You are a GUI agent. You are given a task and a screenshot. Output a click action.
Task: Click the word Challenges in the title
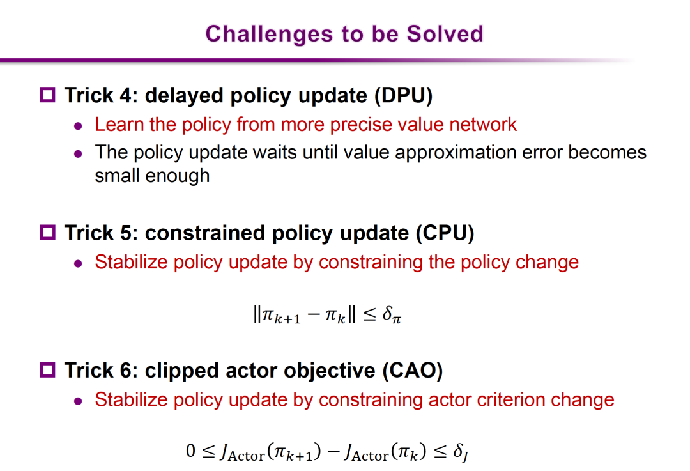point(269,35)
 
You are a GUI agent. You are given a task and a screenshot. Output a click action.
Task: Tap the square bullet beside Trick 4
point(47,95)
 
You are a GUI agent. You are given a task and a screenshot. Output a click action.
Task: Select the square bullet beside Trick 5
point(47,232)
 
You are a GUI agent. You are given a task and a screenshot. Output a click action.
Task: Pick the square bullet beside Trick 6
point(47,370)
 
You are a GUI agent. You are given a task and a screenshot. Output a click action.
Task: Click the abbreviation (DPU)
point(404,95)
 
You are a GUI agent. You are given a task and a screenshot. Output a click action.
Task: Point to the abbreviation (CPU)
point(445,233)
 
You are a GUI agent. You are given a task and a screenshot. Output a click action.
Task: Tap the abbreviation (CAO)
point(412,371)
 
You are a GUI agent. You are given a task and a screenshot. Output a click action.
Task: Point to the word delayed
point(185,96)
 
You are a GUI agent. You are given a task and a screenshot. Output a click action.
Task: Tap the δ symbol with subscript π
point(392,314)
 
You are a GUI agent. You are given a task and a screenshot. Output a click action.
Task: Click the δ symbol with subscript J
point(461,452)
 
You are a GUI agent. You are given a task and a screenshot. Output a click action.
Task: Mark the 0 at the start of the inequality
point(190,451)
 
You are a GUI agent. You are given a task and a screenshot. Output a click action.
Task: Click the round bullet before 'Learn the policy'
point(79,127)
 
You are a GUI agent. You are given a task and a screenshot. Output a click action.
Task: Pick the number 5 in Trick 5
point(126,233)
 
